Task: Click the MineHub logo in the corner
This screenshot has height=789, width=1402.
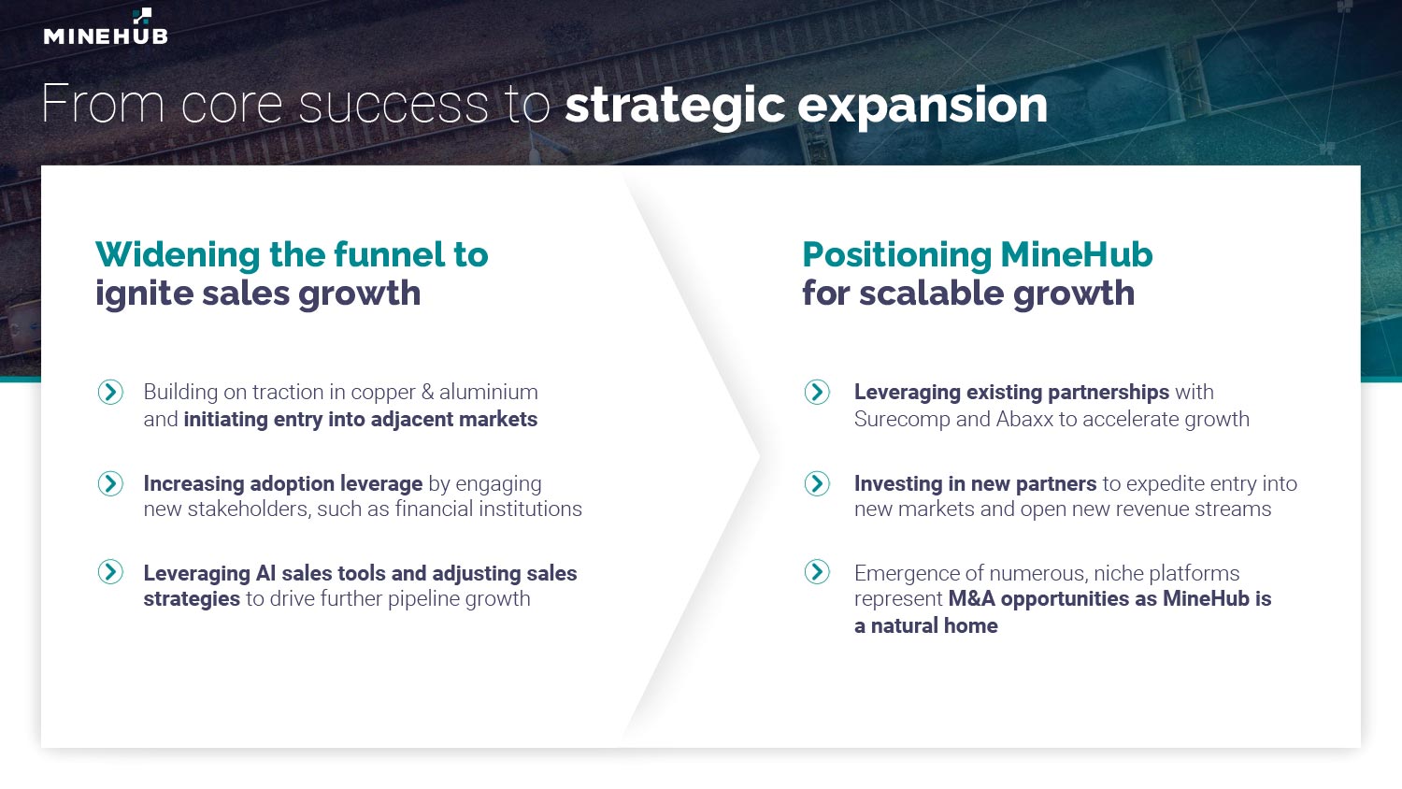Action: tap(106, 26)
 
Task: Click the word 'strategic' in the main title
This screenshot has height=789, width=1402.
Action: tap(675, 107)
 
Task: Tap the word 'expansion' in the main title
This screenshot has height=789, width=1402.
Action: tap(923, 108)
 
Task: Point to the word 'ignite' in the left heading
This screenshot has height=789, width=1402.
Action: tap(144, 294)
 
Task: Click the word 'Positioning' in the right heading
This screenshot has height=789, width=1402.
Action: tap(897, 256)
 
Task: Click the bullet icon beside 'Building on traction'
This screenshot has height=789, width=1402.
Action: tap(111, 392)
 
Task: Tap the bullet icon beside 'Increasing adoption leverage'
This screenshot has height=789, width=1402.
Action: tap(111, 483)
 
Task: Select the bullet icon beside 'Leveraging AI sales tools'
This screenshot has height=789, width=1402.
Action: tap(111, 572)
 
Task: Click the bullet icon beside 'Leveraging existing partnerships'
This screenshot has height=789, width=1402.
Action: tap(817, 392)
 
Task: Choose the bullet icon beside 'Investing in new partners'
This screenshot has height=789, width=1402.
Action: tap(817, 483)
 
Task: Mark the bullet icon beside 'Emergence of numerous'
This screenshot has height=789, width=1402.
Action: tap(817, 572)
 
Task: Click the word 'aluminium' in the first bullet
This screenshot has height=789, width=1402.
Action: tap(488, 392)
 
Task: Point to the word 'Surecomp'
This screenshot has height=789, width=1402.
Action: tap(902, 420)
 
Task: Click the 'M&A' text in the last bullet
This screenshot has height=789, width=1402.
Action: tap(971, 598)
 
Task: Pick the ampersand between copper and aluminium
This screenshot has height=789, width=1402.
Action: tap(427, 393)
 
